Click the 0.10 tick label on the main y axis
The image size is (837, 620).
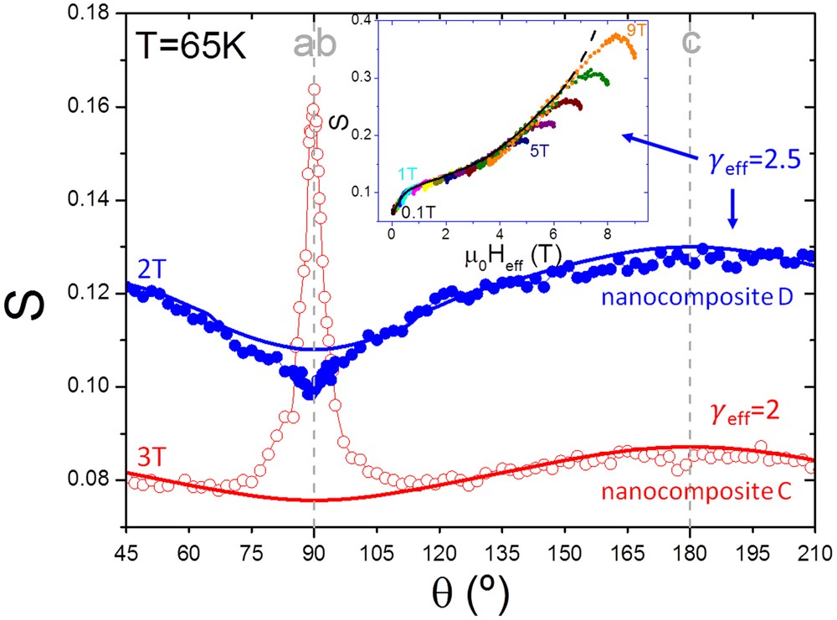[x=92, y=387]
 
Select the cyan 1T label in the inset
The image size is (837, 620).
[x=408, y=173]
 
